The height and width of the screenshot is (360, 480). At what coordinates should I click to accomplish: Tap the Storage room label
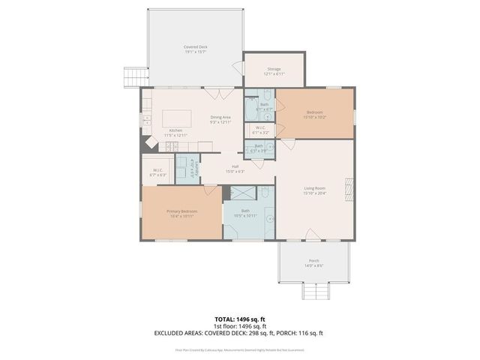point(274,70)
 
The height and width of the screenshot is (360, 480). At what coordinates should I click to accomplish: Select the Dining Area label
point(220,118)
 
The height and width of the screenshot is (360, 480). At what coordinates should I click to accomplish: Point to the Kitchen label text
point(175,132)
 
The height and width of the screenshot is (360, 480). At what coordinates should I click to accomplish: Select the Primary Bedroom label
point(181,213)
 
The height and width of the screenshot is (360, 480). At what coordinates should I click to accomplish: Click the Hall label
point(235,168)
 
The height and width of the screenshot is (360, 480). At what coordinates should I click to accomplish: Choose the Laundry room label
point(187,166)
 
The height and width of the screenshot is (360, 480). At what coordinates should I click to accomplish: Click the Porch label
point(313,262)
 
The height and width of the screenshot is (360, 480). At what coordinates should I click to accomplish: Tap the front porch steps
point(313,292)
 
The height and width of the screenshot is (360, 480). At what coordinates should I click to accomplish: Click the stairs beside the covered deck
point(133,76)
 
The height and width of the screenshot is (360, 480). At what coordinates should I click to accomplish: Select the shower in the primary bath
point(241,193)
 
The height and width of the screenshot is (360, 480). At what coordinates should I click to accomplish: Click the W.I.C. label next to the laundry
point(158,172)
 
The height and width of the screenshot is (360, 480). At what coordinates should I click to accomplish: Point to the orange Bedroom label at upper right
point(314,114)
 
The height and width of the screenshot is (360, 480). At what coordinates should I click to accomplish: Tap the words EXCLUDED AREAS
point(179,333)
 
